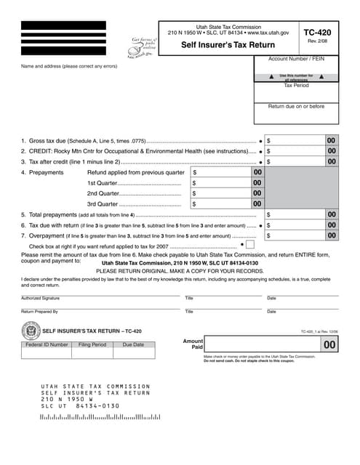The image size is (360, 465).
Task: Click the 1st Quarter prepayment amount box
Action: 225,183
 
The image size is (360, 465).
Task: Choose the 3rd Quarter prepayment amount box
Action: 225,204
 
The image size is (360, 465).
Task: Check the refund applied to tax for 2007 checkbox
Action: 249,246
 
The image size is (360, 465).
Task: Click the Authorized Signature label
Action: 41,298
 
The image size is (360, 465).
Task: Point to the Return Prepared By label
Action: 39,312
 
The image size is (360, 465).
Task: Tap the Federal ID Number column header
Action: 47,344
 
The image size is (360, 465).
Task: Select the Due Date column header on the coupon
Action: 133,344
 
